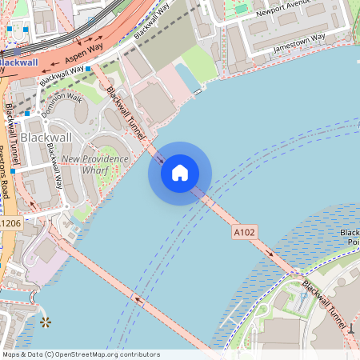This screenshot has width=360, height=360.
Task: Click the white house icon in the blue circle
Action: tap(180, 173)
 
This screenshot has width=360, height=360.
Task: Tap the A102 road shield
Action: tap(244, 232)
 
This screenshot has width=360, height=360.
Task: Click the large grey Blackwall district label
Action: tap(46, 138)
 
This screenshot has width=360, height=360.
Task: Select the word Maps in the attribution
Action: tap(11, 354)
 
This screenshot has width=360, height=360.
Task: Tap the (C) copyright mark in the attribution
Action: tap(50, 354)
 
